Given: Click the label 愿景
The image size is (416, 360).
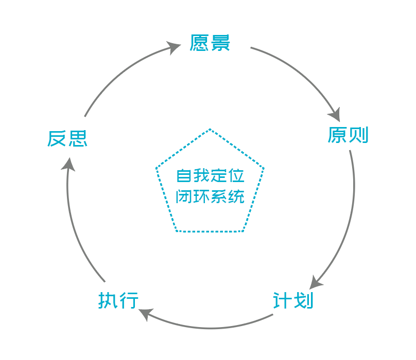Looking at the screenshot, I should point(210,43).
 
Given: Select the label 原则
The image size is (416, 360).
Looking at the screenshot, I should point(348,135).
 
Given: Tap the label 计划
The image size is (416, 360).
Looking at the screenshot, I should point(293,300).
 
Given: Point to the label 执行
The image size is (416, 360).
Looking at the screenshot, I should point(119,300).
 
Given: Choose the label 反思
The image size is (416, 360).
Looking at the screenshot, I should point(67,138).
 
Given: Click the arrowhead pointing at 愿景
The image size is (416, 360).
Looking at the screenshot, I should point(176,48).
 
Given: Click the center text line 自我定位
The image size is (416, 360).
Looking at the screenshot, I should point(210,175).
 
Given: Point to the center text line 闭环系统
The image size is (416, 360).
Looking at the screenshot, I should point(210,197).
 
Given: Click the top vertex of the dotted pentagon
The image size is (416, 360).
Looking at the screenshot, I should point(210,129).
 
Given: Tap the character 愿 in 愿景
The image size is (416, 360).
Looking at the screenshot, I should point(199,43).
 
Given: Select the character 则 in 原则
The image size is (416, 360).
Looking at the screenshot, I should point(359,135).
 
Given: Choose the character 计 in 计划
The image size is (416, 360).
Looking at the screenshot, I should point(283,300).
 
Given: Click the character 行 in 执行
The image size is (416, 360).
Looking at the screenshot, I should point(129,300).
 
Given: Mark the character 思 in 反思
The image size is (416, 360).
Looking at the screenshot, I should point(78,138).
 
